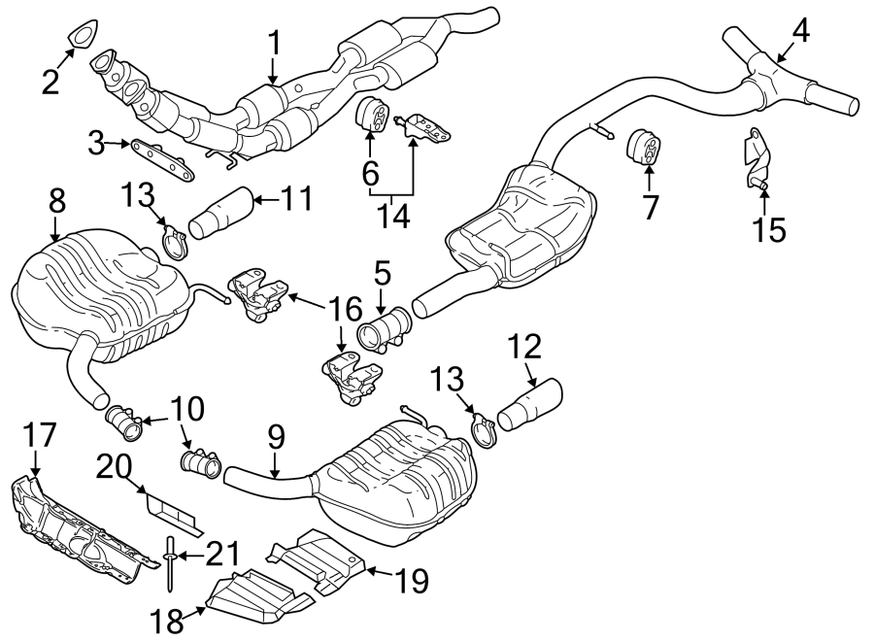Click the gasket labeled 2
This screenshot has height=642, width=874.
click(82, 33)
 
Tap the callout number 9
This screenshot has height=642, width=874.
click(276, 439)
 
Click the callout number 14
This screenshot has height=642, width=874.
click(394, 213)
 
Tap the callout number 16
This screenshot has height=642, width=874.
click(341, 310)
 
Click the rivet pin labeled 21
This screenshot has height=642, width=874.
click(170, 563)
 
